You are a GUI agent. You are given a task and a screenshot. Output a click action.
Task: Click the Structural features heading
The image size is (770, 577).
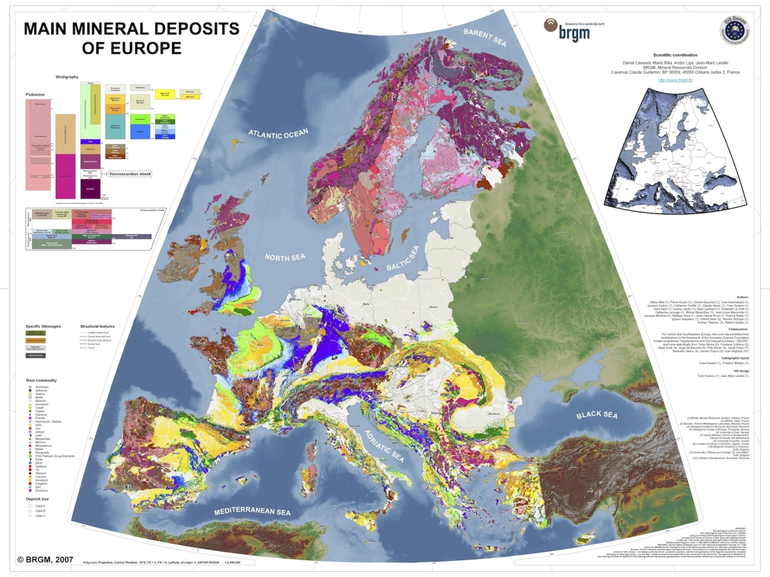[x=97, y=326]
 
